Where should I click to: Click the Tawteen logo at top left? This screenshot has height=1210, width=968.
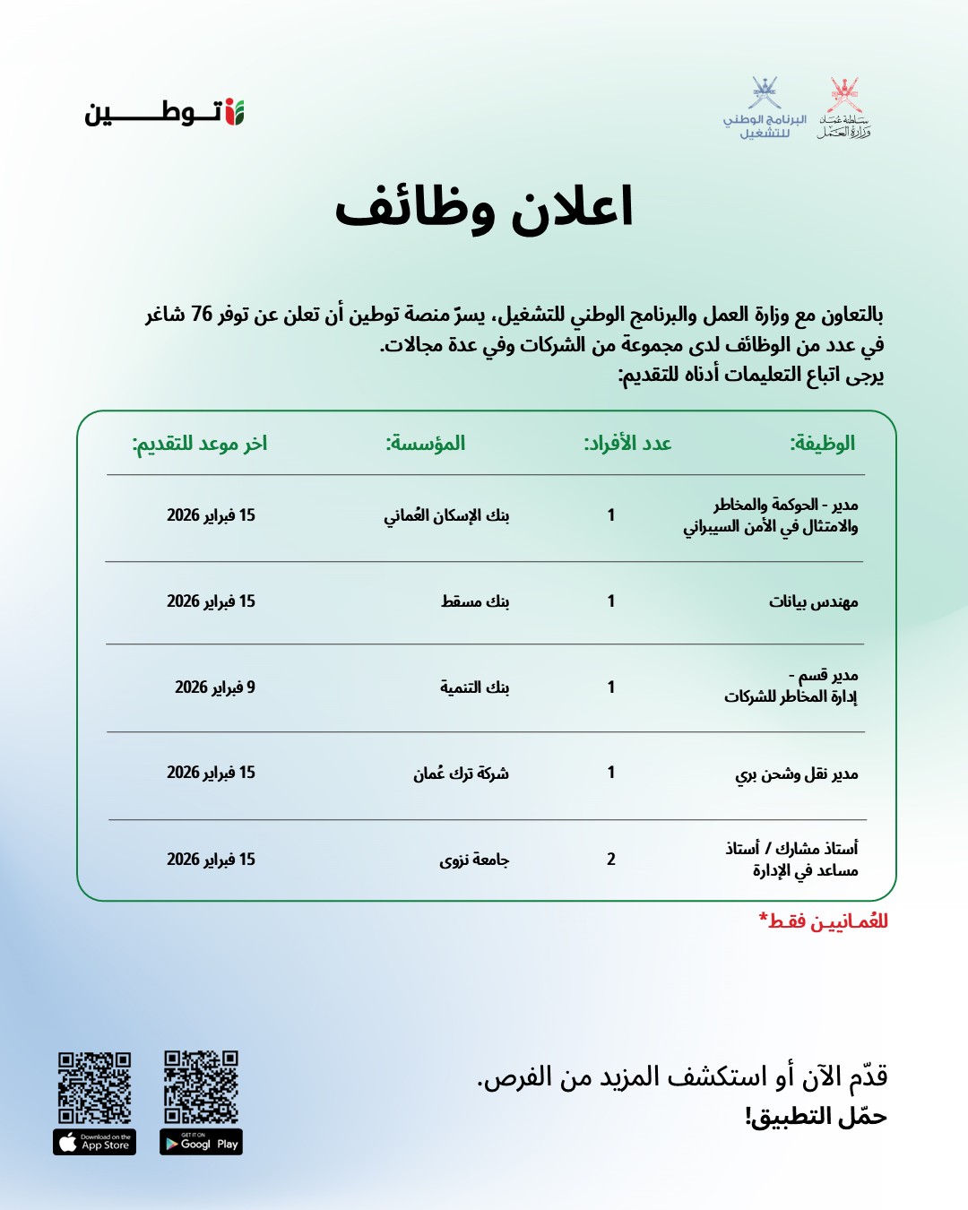(165, 113)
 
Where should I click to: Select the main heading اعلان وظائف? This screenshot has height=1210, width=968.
(484, 207)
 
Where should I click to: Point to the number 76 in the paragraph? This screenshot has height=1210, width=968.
(202, 315)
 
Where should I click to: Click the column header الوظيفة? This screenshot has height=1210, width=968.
(822, 443)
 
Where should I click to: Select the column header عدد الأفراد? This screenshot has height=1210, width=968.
(627, 443)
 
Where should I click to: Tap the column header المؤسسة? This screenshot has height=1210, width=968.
(426, 443)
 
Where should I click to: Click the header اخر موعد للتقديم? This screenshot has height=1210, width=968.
(200, 443)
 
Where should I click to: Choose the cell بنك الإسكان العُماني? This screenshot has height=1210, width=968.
(446, 515)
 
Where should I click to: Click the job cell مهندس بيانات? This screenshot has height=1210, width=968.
(813, 601)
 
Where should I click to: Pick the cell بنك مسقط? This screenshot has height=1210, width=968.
(475, 601)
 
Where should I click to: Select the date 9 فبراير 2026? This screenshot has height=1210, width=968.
(215, 687)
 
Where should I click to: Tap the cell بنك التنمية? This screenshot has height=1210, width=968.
(474, 687)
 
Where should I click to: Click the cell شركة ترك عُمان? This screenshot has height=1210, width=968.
(461, 773)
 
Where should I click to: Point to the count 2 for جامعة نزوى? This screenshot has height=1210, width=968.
(611, 859)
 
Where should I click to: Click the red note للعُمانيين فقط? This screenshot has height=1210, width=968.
(823, 921)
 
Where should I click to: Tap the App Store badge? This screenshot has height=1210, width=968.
(95, 1143)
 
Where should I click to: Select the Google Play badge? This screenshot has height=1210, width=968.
(201, 1143)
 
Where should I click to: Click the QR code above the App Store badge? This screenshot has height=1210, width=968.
(95, 1087)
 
